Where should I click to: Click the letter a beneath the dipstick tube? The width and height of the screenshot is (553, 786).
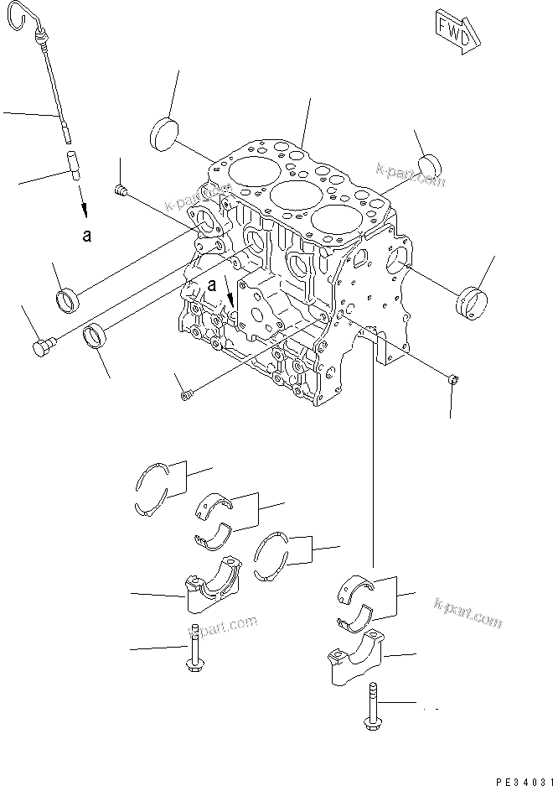click(x=86, y=236)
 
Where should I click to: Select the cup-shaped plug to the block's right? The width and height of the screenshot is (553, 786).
click(x=472, y=303)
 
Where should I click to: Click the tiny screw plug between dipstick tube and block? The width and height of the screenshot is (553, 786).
click(x=121, y=193)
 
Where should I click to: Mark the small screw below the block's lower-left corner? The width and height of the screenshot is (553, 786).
click(x=186, y=392)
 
